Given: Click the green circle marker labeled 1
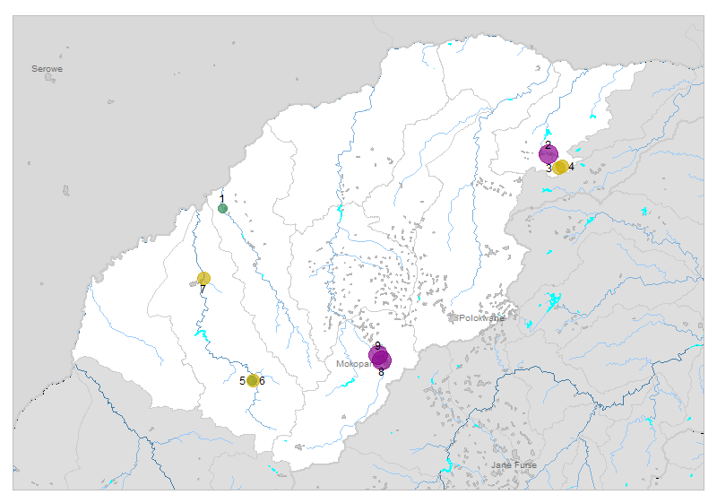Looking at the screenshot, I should pos(222,209).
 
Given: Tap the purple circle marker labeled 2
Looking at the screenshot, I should pos(548,154).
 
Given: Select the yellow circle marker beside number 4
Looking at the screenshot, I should pos(560,167).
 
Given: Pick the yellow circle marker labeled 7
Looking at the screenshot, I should pos(203,278).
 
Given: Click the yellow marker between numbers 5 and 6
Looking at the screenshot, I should pos(253,380).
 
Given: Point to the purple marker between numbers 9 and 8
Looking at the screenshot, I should pos(379,357).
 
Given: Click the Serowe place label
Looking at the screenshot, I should pos(47,69).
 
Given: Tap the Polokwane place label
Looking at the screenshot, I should pos(481,317).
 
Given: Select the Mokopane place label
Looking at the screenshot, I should pos(353,365).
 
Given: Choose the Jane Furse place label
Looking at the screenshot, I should pos(513,465).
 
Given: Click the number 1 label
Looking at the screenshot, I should pos(221,199).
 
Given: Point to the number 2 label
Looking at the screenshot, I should pos(548,144).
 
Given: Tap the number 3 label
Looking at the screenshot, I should pos(549,169).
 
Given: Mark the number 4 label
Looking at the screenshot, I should pos(571,167).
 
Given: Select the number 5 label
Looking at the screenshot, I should pos(242,381).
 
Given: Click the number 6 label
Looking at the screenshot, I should pos(262,381).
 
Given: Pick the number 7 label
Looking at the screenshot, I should pos(203,289).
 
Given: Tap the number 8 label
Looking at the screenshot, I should pos(381,371).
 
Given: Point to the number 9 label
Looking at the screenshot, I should pos(378,345).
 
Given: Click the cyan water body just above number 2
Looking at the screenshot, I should pos(548,133).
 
